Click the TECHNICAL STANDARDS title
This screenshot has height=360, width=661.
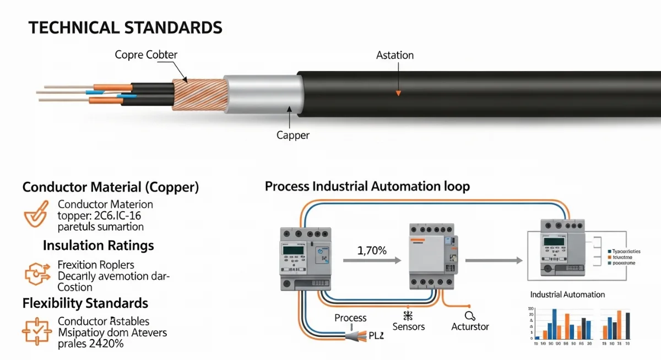click(x=126, y=28)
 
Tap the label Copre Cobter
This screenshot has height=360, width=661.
click(x=146, y=54)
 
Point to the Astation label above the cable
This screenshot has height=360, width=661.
click(x=394, y=55)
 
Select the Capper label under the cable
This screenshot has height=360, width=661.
click(x=292, y=135)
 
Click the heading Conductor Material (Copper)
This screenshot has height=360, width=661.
click(x=110, y=187)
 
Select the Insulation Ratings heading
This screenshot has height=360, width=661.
click(x=98, y=245)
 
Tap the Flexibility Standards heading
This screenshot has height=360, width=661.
click(x=85, y=303)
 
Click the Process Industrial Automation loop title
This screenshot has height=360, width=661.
click(x=367, y=187)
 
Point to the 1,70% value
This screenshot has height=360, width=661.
click(x=372, y=250)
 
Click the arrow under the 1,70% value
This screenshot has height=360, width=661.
click(x=372, y=261)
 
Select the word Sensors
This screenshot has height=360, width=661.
click(x=408, y=326)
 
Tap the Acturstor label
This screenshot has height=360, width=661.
click(x=470, y=326)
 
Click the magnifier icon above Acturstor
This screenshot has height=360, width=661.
click(x=469, y=315)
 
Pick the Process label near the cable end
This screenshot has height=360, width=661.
click(x=350, y=318)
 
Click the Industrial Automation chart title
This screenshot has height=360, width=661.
click(x=567, y=294)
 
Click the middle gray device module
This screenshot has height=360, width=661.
click(x=432, y=256)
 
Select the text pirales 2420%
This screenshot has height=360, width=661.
click(x=90, y=344)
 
